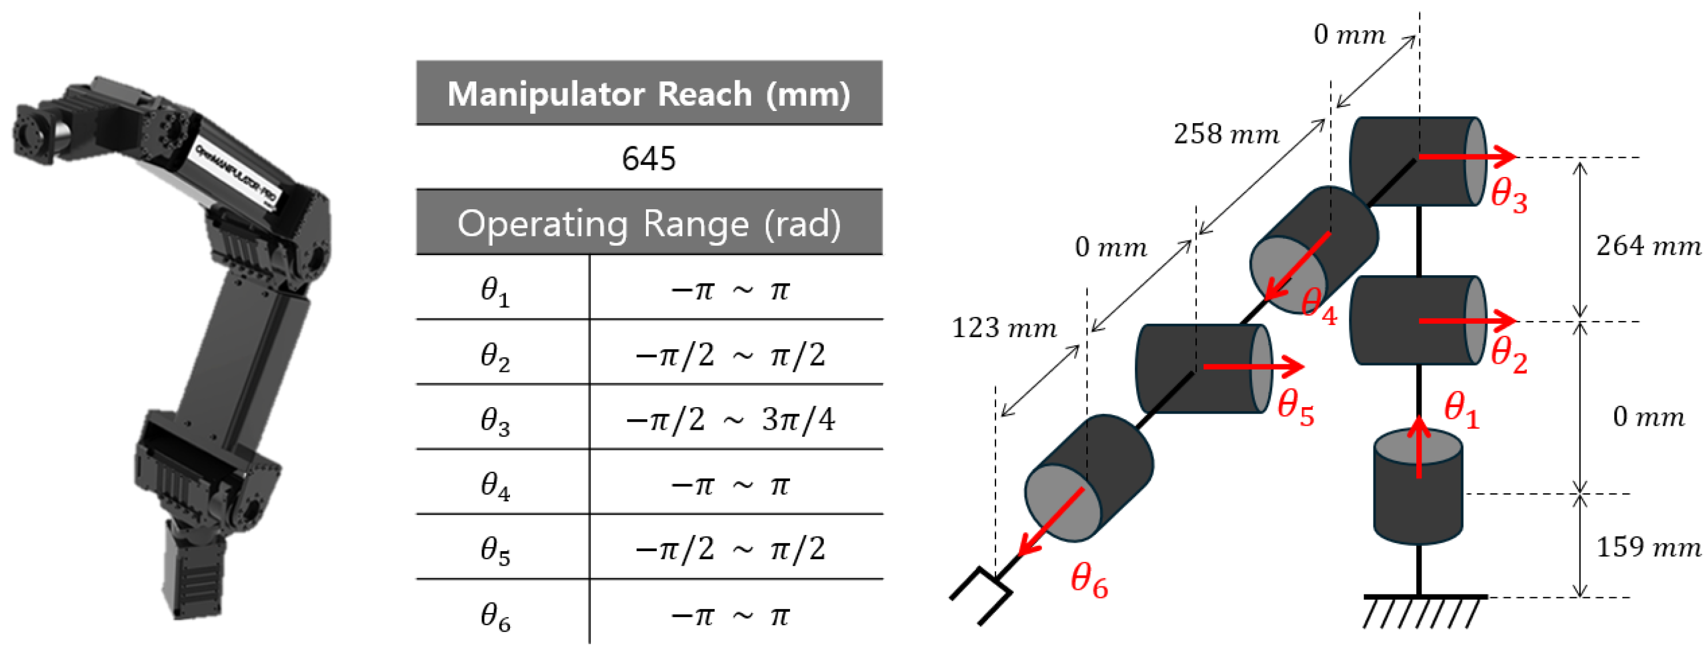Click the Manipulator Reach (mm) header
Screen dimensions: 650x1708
tap(648, 94)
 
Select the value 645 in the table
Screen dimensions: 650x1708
tap(648, 158)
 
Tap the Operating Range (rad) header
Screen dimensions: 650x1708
tap(648, 223)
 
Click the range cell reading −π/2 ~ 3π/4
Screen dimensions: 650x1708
tap(730, 419)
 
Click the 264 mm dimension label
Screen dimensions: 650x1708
tap(1648, 246)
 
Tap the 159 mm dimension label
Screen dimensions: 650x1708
tap(1648, 547)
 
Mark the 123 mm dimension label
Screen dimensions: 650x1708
tap(1004, 328)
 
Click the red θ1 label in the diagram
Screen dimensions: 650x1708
tap(1461, 409)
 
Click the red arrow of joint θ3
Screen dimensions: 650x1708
tap(1467, 156)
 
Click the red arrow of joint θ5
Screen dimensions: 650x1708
tap(1253, 365)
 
